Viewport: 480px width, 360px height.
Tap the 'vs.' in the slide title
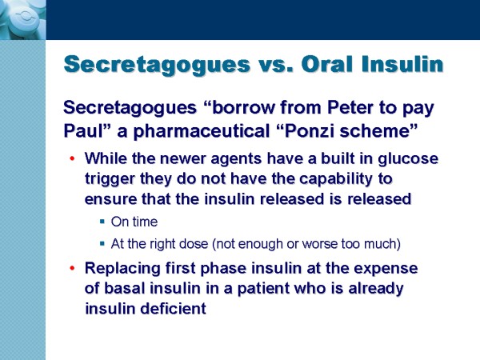click(276, 65)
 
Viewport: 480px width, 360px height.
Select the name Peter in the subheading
click(350, 108)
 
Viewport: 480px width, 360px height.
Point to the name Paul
click(82, 131)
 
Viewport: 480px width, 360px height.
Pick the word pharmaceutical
click(201, 132)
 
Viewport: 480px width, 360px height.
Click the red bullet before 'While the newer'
click(72, 158)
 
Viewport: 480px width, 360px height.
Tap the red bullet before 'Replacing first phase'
click(72, 269)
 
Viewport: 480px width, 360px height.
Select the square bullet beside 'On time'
click(102, 222)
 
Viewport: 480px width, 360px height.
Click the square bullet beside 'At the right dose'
click(102, 244)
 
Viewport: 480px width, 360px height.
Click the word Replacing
click(122, 269)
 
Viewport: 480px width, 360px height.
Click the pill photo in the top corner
click(23, 20)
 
